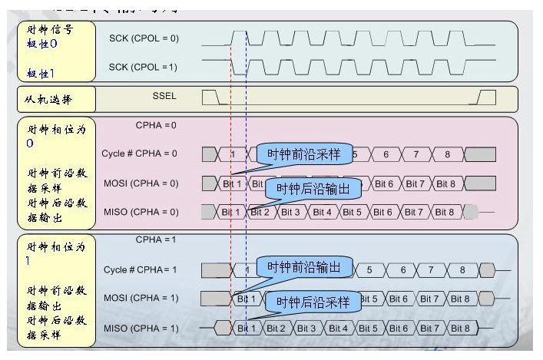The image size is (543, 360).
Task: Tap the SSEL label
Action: [x=164, y=97]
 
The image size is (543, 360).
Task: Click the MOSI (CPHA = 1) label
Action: [x=141, y=298]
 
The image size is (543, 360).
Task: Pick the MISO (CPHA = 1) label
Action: [x=141, y=329]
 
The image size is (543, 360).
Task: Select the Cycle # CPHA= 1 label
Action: [x=141, y=269]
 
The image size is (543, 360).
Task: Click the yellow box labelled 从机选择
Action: [x=55, y=98]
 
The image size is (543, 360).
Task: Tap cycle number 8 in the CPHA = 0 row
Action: [x=446, y=154]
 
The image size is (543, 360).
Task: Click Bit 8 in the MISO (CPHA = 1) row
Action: [x=460, y=329]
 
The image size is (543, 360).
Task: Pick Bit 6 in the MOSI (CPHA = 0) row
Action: [x=383, y=183]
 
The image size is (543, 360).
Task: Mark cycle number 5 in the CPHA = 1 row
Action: [x=369, y=269]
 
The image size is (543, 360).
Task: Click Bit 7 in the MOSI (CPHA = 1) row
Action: [x=429, y=299]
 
